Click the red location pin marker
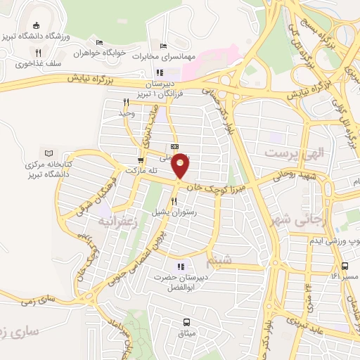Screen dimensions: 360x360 pos(181,166)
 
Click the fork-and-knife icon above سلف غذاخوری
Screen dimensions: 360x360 pos(39,52)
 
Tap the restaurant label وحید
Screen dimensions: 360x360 pos(127,113)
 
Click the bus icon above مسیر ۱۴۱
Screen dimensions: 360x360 pos(345,266)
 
